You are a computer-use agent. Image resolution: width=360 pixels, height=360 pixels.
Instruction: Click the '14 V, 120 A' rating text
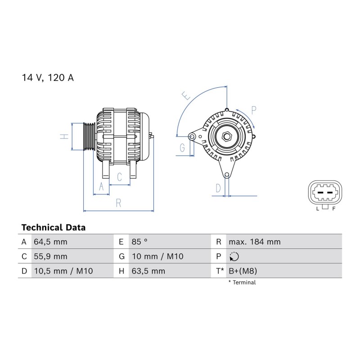point(48,78)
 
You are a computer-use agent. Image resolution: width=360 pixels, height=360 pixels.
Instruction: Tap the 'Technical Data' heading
point(54,228)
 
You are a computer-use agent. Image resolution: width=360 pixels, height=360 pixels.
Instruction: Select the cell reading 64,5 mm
point(50,242)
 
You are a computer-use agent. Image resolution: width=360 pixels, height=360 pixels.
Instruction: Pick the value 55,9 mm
point(50,256)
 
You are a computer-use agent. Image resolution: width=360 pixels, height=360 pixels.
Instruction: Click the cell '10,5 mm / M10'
point(63,271)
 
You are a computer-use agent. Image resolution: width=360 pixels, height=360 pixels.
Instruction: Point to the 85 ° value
point(139,242)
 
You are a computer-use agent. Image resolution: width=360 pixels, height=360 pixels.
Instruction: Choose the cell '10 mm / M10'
point(157,256)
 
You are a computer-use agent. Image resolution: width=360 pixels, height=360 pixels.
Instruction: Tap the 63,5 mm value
point(148,271)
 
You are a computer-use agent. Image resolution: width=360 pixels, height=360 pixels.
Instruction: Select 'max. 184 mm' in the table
point(255,242)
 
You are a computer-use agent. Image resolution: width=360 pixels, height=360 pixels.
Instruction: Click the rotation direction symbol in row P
point(234,256)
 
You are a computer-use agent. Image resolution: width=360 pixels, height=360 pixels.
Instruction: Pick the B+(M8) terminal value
point(243,271)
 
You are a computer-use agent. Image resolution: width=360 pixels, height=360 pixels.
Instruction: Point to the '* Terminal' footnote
point(242,283)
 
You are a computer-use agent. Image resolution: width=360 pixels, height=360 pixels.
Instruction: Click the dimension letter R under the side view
point(118,203)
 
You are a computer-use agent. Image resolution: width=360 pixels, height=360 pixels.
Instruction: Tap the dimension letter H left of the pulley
point(64,136)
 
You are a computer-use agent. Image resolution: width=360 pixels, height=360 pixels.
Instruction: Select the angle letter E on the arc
point(186,95)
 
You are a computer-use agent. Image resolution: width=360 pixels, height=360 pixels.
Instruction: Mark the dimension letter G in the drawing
point(182,148)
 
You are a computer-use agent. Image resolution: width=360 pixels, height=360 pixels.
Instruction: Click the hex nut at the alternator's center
point(227,136)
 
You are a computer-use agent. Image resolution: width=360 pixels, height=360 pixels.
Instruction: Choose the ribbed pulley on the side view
point(89,137)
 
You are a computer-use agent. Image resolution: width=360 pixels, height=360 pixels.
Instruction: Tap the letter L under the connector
point(318,209)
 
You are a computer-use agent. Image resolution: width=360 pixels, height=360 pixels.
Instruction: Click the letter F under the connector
point(334,209)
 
